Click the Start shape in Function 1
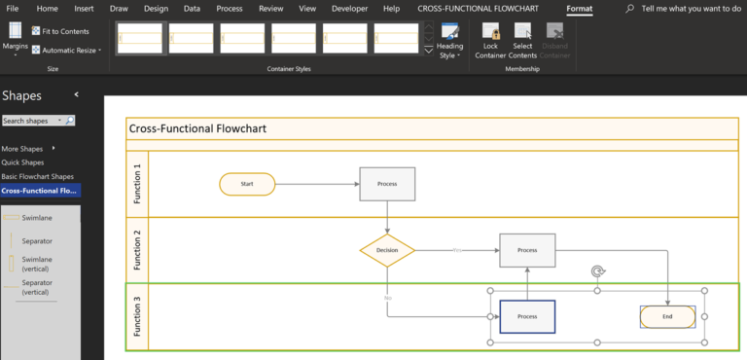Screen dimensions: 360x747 tap(247, 183)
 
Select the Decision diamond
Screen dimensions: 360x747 tap(387, 250)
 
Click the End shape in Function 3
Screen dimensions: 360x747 tap(667, 316)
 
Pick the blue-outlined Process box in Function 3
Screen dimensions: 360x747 tap(527, 316)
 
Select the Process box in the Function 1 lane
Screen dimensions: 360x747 tap(387, 183)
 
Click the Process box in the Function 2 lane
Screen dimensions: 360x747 tap(527, 250)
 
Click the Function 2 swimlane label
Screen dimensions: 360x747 tap(137, 250)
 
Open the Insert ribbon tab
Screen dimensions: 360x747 tap(85, 9)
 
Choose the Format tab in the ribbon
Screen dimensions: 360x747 tap(580, 9)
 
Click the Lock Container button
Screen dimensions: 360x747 tap(490, 44)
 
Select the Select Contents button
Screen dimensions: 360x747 tap(522, 44)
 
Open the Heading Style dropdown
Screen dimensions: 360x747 tap(449, 44)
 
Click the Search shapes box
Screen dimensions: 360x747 tap(33, 121)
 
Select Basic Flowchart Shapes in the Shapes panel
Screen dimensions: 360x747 tap(38, 176)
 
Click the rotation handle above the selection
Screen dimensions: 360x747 tap(597, 272)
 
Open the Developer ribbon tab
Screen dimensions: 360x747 tap(349, 9)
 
